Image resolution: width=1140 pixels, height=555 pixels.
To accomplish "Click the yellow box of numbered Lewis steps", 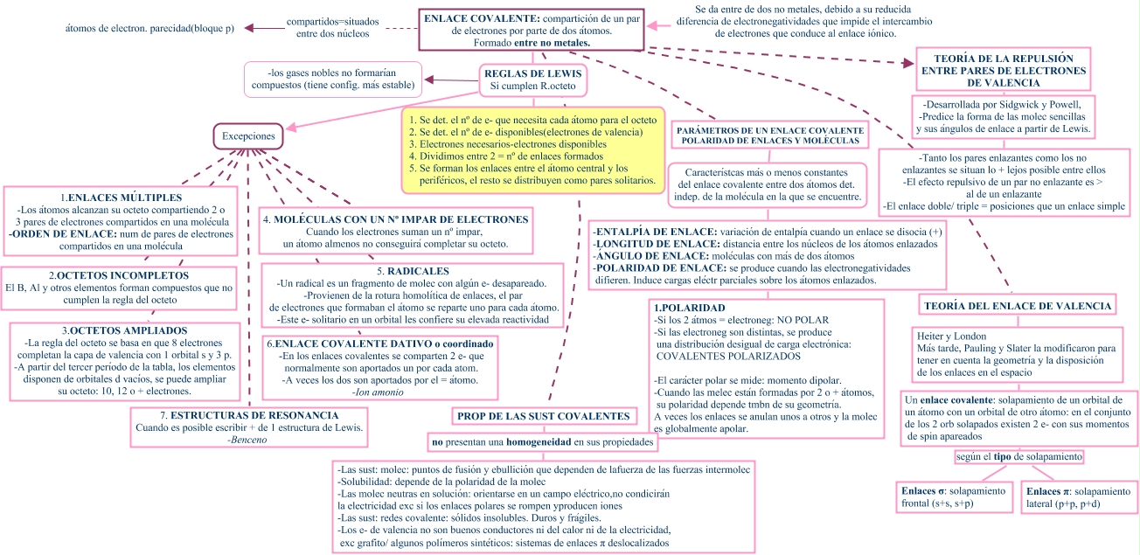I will tap(533, 149).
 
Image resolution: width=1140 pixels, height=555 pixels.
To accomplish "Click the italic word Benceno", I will tap(247, 440).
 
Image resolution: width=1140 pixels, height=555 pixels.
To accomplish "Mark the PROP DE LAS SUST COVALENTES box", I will tap(544, 416).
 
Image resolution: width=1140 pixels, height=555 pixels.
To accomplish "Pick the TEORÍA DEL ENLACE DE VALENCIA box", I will tap(1018, 306).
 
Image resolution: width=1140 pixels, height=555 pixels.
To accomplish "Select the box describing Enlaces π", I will tap(1078, 497).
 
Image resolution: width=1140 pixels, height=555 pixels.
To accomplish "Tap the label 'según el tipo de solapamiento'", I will tap(1019, 457).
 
